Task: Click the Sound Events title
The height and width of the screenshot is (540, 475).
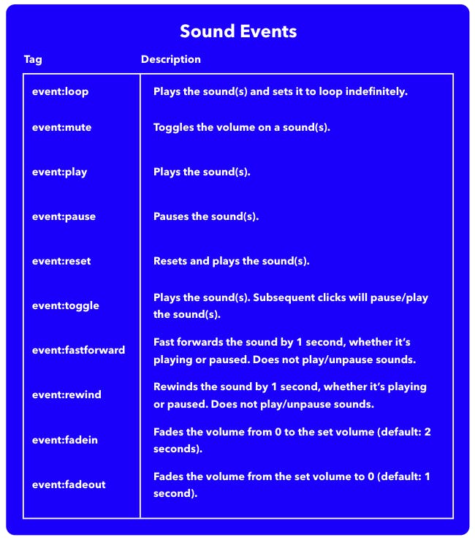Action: pos(237,32)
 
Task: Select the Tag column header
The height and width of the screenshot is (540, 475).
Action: pos(33,59)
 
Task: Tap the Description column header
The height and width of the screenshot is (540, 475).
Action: pos(170,59)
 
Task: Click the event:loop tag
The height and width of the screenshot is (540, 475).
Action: pos(60,92)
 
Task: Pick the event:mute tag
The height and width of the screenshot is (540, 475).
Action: pos(61,127)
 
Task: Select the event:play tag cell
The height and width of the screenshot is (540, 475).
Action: pos(59,172)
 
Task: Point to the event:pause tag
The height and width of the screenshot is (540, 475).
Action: pos(64,216)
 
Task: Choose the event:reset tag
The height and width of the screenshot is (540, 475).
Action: pos(61,261)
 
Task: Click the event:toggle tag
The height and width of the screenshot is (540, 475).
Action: pos(65,305)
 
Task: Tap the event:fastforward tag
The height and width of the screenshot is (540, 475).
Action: pos(78,350)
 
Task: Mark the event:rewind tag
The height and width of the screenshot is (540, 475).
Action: pos(66,395)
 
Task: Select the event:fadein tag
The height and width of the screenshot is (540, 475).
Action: pos(64,440)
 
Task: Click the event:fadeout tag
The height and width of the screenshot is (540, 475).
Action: pos(69,484)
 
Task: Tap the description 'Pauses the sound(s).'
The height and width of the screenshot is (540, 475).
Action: pos(206,216)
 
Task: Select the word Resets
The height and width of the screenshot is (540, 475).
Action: pos(170,261)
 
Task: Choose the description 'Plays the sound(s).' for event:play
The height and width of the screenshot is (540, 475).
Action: pos(202,172)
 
